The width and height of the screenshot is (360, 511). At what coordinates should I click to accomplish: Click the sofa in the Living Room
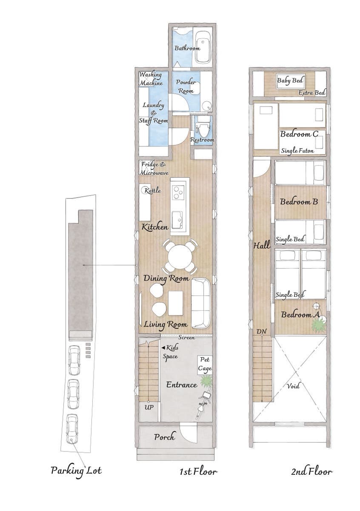point(200,303)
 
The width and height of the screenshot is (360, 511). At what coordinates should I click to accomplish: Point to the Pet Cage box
point(205,365)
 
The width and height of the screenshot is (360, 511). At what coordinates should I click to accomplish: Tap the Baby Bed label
point(290,80)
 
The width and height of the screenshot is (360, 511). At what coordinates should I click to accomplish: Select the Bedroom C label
point(299,134)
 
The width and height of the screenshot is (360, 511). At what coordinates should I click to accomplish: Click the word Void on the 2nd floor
point(293,385)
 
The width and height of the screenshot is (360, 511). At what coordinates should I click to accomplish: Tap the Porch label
point(165,437)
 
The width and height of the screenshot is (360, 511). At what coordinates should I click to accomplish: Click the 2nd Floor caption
point(311,471)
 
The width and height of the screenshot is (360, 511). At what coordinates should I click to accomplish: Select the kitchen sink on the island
point(177,219)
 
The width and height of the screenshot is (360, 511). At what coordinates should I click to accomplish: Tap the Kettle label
point(153,190)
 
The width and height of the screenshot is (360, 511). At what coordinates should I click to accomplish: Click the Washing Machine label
point(151,79)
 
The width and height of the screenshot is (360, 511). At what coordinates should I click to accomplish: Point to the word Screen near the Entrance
point(187,337)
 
